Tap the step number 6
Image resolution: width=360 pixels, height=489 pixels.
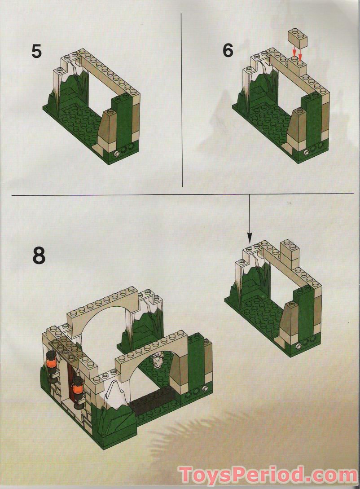pos(228,51)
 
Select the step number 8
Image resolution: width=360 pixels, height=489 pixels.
pos(39,255)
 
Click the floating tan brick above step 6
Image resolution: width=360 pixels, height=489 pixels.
pos(297,37)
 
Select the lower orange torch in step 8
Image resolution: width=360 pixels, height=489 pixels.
pos(78,387)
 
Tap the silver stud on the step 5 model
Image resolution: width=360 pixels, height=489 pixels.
pos(118,154)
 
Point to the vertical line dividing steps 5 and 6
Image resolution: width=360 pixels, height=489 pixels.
pos(182,99)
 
